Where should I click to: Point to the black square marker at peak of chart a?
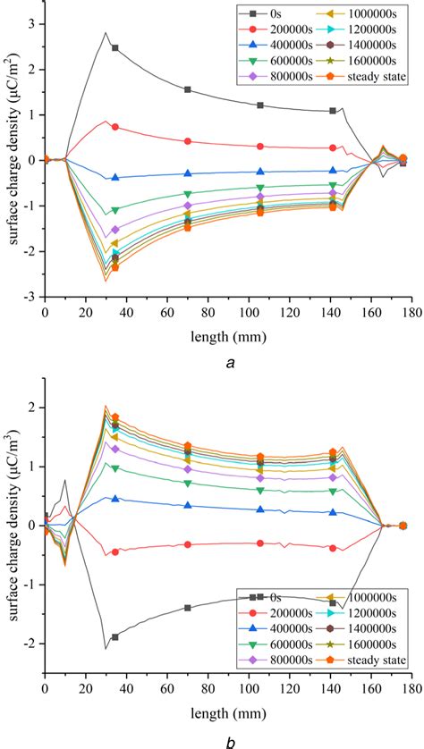pyautogui.click(x=115, y=47)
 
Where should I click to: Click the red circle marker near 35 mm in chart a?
pyautogui.click(x=115, y=127)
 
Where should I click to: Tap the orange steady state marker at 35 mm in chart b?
pyautogui.click(x=115, y=417)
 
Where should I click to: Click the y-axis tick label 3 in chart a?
pyautogui.click(x=31, y=22)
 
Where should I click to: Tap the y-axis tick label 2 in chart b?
pyautogui.click(x=31, y=408)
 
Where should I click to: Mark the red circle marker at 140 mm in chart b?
pyautogui.click(x=333, y=548)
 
